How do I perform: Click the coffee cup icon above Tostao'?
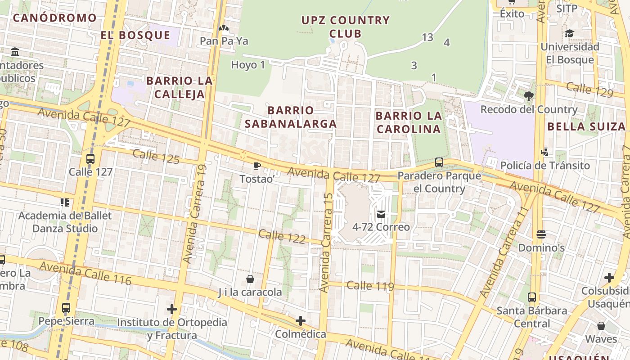tap(256, 166)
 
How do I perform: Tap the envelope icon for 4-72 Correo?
tap(381, 214)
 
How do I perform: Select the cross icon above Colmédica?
tap(300, 321)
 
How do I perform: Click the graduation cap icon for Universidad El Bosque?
tap(569, 33)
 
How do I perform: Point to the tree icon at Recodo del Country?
tap(529, 96)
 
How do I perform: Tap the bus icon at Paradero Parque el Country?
tap(439, 162)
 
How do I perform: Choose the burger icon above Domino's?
tap(541, 234)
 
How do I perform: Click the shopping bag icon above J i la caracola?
tap(250, 279)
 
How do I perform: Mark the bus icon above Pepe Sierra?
tap(66, 308)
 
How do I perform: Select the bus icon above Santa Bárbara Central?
tap(532, 297)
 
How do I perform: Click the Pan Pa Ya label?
tap(224, 41)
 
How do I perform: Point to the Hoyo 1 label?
tap(248, 65)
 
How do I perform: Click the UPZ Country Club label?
tap(345, 27)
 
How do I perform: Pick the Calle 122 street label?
tap(283, 236)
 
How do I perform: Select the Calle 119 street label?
tap(370, 285)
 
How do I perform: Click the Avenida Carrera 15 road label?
tap(326, 243)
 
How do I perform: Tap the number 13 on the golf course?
tap(427, 37)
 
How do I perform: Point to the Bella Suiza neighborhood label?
tap(586, 126)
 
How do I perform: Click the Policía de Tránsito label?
tap(545, 166)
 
